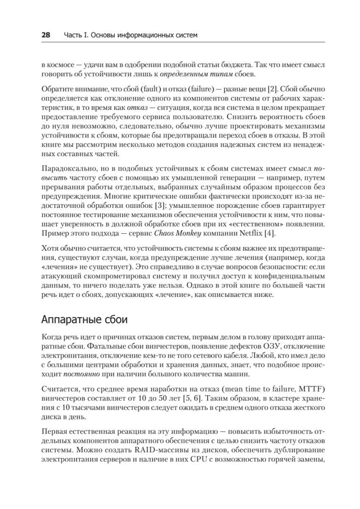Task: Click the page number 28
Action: pyautogui.click(x=46, y=35)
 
